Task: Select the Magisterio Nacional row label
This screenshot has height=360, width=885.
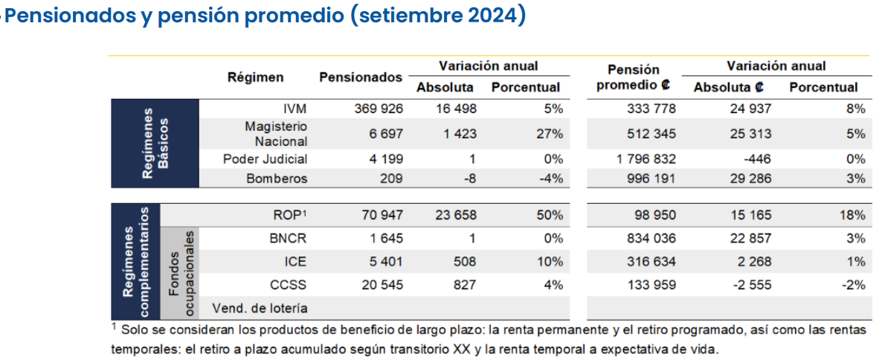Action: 277,134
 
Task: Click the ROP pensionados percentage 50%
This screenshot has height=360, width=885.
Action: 551,215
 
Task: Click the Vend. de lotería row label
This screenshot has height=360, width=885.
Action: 260,308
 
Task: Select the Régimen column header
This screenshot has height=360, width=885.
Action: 256,77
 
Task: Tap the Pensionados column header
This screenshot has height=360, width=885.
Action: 361,77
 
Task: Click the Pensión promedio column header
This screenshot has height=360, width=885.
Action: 634,78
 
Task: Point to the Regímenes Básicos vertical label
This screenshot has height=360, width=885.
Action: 155,144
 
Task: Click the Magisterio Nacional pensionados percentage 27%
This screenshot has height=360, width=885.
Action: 551,135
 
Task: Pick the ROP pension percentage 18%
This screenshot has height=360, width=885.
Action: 853,215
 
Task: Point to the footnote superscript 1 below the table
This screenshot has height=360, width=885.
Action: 114,326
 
